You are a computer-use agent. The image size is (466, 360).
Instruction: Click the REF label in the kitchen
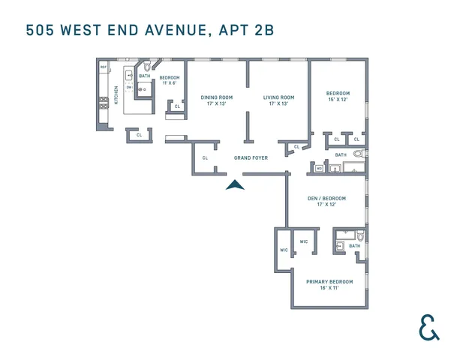click(104, 67)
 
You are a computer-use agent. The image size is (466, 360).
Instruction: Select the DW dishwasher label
click(129, 87)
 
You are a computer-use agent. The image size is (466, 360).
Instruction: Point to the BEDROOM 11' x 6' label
click(169, 80)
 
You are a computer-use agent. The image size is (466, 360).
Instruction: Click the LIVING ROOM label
click(278, 100)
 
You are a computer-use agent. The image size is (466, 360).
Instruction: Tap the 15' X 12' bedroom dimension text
click(338, 100)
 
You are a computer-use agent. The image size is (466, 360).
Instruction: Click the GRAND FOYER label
click(251, 157)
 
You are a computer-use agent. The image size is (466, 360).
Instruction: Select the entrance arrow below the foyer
click(236, 185)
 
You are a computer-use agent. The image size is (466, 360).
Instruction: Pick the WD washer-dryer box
click(318, 169)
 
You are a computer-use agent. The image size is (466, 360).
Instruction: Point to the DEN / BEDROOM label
click(326, 201)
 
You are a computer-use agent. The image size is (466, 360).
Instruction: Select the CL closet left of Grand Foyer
click(205, 157)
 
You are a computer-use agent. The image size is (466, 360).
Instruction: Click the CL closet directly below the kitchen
click(139, 135)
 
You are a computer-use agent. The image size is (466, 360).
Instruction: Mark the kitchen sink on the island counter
click(129, 75)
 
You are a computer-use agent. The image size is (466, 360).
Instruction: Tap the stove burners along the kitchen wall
click(104, 104)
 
